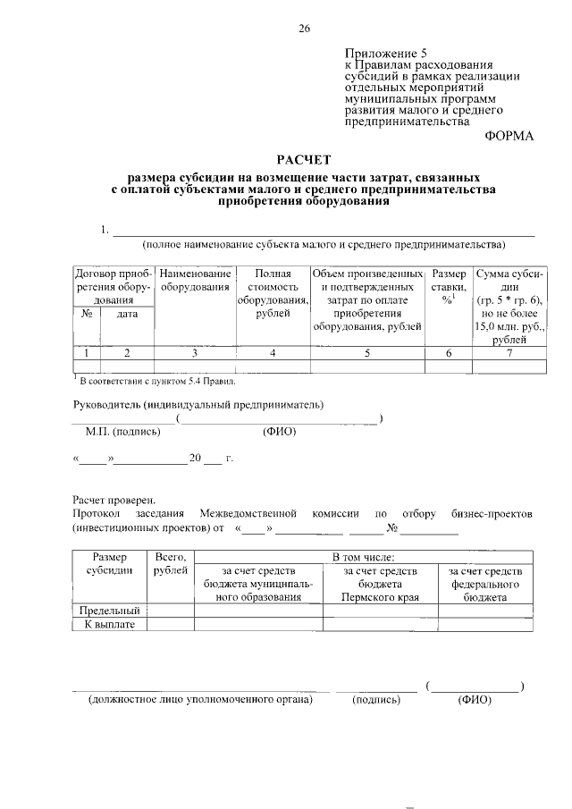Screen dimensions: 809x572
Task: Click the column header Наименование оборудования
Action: (196, 280)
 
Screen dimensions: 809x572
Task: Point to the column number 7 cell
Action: (509, 353)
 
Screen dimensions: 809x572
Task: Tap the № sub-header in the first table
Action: (88, 315)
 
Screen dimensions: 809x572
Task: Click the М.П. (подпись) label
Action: (122, 431)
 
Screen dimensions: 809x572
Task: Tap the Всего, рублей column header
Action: (170, 563)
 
